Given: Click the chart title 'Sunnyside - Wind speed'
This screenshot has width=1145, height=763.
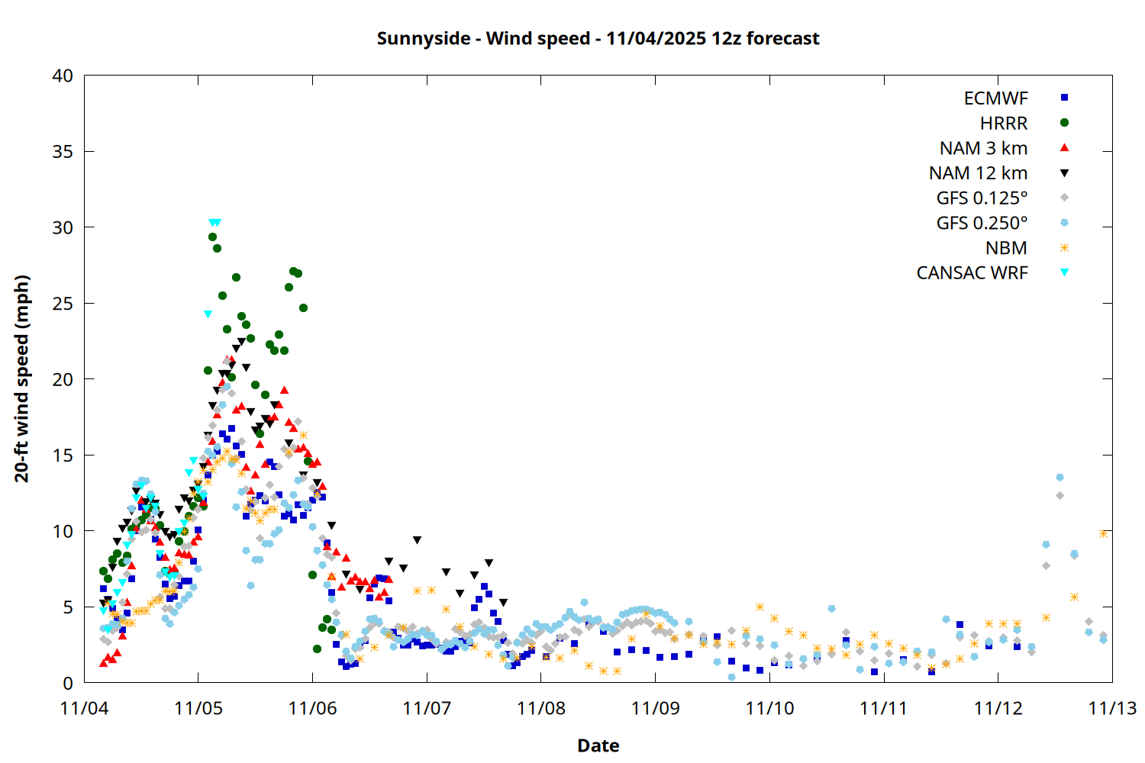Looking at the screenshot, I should tap(598, 39).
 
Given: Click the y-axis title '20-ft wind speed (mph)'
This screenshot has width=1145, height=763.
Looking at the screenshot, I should tap(22, 378).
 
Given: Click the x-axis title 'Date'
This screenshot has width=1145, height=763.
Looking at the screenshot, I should tap(598, 745).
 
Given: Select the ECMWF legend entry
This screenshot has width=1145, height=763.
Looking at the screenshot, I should tap(995, 98).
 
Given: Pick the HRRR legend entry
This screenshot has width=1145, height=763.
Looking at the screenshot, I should tap(1004, 124).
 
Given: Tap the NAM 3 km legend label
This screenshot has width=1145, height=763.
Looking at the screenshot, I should tap(983, 148).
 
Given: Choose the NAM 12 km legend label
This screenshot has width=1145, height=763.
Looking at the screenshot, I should tap(978, 173).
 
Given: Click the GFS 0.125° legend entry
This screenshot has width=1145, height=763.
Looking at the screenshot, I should tap(982, 198).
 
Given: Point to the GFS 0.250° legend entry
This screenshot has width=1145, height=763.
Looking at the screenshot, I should tap(982, 224).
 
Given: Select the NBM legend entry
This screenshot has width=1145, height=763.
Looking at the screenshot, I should tap(1006, 248).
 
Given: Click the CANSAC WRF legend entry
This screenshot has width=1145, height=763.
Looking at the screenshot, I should tap(972, 273).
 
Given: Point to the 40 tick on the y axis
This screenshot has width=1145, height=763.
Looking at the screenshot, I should tap(63, 76).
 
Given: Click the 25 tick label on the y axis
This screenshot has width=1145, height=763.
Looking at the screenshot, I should tap(63, 304).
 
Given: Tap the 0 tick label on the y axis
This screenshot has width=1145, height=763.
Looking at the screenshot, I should tap(68, 683).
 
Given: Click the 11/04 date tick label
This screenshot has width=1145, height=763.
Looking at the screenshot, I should tap(84, 708).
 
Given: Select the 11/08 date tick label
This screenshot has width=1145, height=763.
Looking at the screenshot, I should tap(541, 708).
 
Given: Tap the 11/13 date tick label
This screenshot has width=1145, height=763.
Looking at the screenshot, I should tap(1112, 708).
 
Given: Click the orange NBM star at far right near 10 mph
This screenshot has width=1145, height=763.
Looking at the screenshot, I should tap(1103, 533).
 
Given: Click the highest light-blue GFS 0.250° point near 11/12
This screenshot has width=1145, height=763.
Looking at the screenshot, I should tap(1060, 478).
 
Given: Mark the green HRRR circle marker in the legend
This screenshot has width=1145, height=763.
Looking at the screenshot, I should tap(1064, 123).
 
